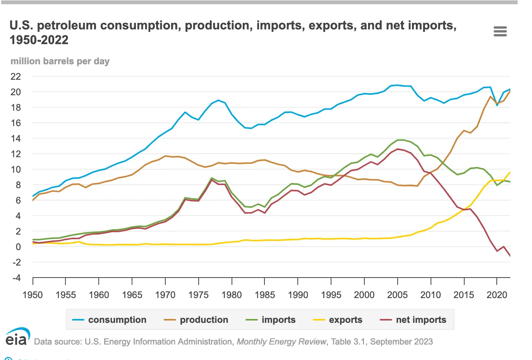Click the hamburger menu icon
pyautogui.click(x=500, y=31)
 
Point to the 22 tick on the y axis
pyautogui.click(x=15, y=76)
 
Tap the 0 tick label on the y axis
pyautogui.click(x=18, y=247)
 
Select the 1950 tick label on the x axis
pyautogui.click(x=33, y=295)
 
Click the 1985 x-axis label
pyautogui.click(x=265, y=295)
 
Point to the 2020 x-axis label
pyautogui.click(x=497, y=295)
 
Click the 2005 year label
pyautogui.click(x=397, y=295)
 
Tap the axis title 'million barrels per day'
pyautogui.click(x=60, y=61)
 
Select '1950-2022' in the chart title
pyautogui.click(x=39, y=40)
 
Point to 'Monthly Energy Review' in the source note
pyautogui.click(x=281, y=342)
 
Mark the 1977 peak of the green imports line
pyautogui.click(x=212, y=178)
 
